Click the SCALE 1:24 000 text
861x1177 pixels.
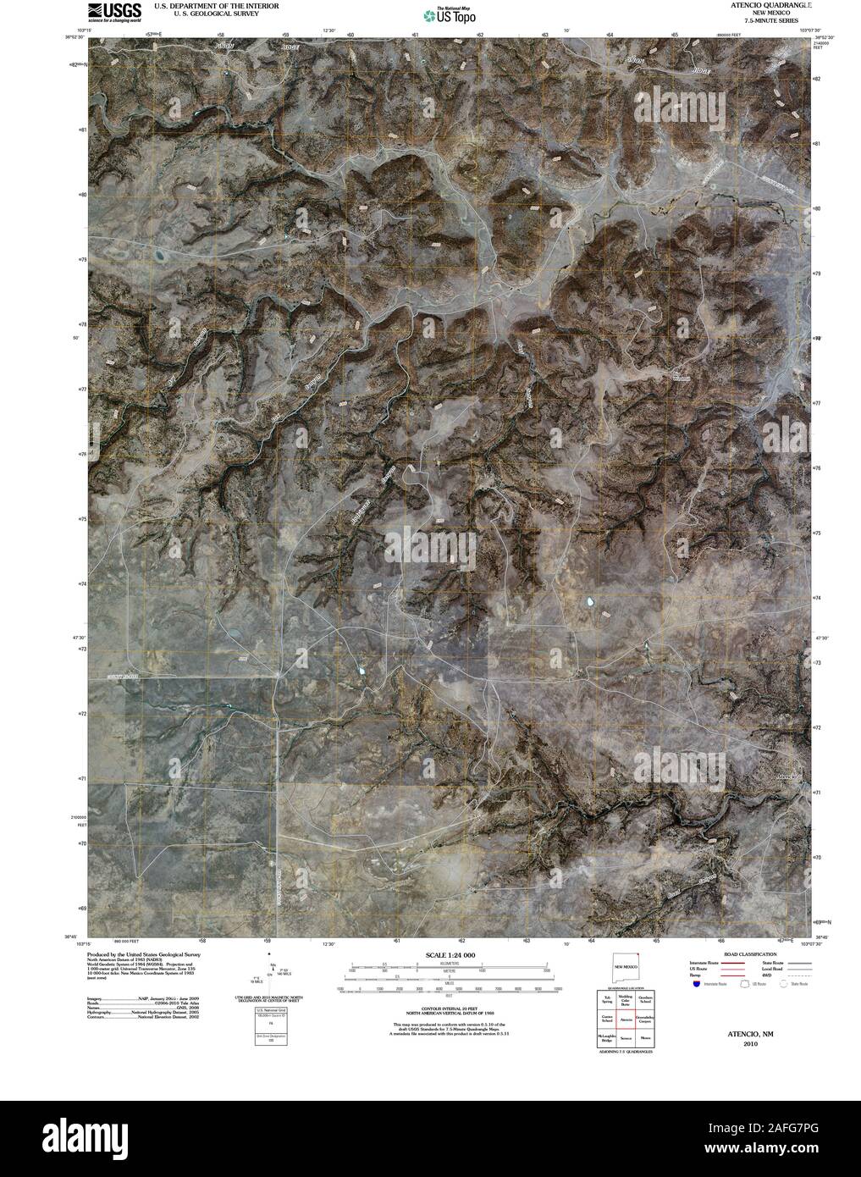450,955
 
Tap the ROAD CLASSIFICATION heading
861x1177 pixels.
742,954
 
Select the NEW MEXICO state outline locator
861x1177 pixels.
626,967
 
